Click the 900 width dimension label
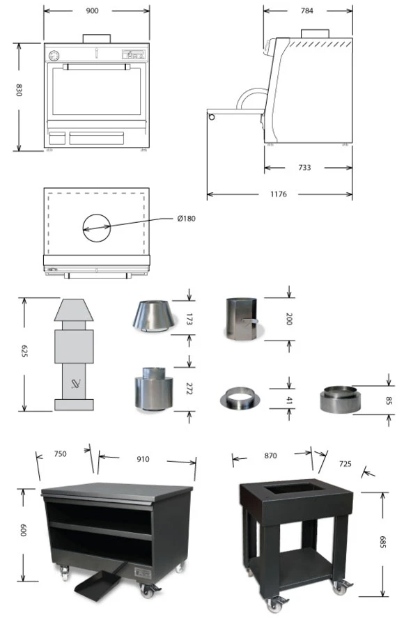92,11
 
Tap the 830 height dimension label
19,90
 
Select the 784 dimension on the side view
307,11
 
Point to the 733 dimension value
304,167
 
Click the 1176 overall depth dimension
279,194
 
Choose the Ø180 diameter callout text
186,219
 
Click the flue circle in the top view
97,228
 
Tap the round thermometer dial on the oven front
54,56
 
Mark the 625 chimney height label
24,351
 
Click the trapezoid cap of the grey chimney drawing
74,310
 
